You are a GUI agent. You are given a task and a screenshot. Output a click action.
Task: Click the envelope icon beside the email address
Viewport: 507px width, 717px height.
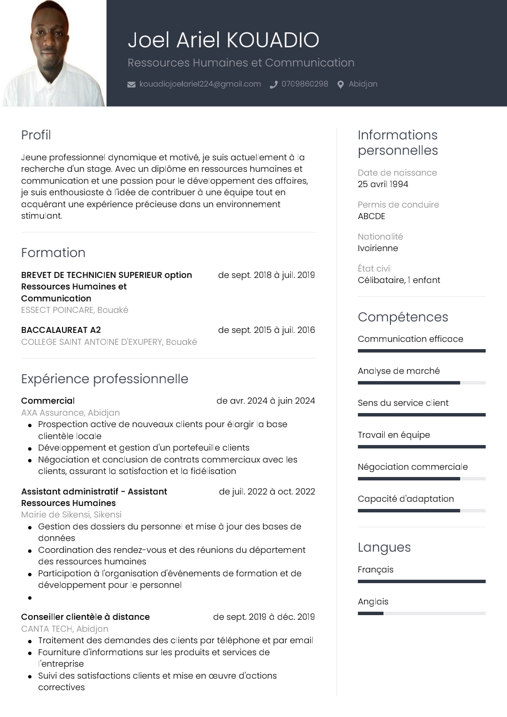click(x=131, y=84)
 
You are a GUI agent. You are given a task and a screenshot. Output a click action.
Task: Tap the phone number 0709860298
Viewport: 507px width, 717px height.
click(x=305, y=84)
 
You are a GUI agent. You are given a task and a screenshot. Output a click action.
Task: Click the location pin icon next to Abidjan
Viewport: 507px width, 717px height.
click(x=340, y=84)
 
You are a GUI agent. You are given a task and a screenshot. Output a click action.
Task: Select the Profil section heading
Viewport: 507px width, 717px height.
click(x=36, y=135)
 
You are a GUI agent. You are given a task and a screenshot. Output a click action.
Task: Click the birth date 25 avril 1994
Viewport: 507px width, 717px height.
click(x=383, y=184)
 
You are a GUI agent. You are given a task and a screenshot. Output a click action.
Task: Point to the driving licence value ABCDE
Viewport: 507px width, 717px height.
click(x=372, y=216)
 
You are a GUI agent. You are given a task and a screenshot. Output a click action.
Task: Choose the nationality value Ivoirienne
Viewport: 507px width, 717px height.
click(x=378, y=248)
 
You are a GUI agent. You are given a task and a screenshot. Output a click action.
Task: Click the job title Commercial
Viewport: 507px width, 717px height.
click(x=48, y=401)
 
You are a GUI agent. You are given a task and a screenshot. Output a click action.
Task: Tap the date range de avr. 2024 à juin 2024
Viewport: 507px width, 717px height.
click(x=265, y=401)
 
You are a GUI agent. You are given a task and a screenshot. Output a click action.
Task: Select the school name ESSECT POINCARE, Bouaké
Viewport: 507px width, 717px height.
click(x=75, y=310)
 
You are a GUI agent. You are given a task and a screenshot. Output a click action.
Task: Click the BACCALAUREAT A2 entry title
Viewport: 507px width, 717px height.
click(x=61, y=330)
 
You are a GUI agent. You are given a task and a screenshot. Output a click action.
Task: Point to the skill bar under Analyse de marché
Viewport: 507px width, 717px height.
click(x=421, y=383)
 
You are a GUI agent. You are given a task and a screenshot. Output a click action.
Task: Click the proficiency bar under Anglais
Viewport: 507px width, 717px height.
click(x=421, y=613)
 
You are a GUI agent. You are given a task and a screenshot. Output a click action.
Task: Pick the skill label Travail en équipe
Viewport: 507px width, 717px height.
click(x=394, y=435)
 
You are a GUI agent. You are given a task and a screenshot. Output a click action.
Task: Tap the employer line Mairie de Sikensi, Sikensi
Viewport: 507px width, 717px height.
click(x=71, y=515)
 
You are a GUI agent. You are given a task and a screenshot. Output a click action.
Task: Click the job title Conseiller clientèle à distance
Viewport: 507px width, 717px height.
click(x=85, y=617)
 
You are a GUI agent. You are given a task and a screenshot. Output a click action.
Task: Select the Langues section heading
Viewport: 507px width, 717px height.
click(x=384, y=547)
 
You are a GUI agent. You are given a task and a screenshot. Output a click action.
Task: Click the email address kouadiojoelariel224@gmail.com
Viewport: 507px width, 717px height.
click(x=200, y=84)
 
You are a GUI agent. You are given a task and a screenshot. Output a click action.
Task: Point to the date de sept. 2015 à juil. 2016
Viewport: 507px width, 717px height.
click(x=266, y=330)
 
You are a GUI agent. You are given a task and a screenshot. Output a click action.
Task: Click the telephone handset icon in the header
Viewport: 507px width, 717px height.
click(x=274, y=84)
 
